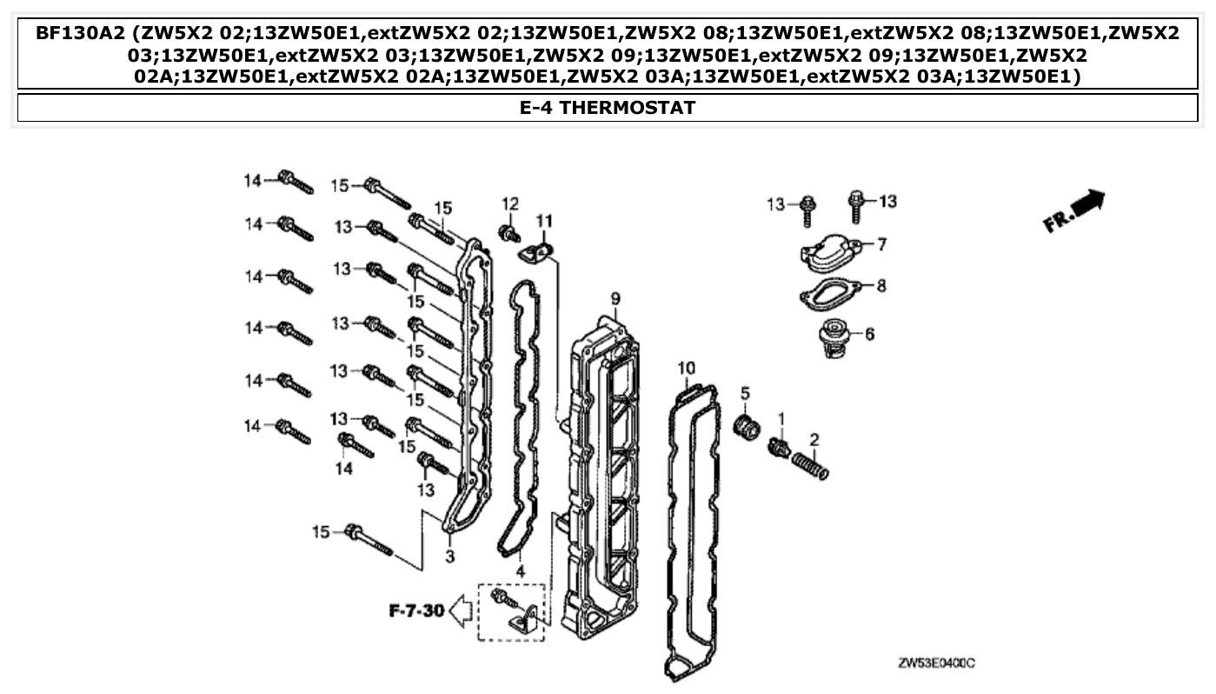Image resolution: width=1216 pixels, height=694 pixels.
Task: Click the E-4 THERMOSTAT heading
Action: click(x=608, y=108)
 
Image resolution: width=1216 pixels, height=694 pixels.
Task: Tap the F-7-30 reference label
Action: click(x=415, y=611)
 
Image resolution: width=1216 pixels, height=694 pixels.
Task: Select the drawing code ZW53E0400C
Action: click(x=936, y=664)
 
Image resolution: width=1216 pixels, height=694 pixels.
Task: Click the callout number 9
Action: click(x=615, y=300)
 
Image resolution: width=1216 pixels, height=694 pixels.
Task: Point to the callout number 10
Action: click(x=687, y=369)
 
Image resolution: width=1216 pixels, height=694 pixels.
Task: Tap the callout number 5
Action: click(x=745, y=394)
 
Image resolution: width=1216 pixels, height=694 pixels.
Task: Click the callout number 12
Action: click(x=509, y=204)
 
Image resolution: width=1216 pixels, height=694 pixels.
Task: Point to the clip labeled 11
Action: click(x=539, y=253)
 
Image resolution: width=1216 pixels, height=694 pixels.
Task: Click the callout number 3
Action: click(x=451, y=555)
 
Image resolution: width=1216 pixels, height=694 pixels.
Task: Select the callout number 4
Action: click(x=520, y=571)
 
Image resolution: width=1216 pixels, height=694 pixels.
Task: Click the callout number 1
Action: click(x=781, y=419)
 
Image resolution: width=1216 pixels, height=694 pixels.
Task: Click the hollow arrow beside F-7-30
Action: click(x=462, y=611)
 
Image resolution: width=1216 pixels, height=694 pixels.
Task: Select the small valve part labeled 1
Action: click(x=779, y=448)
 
